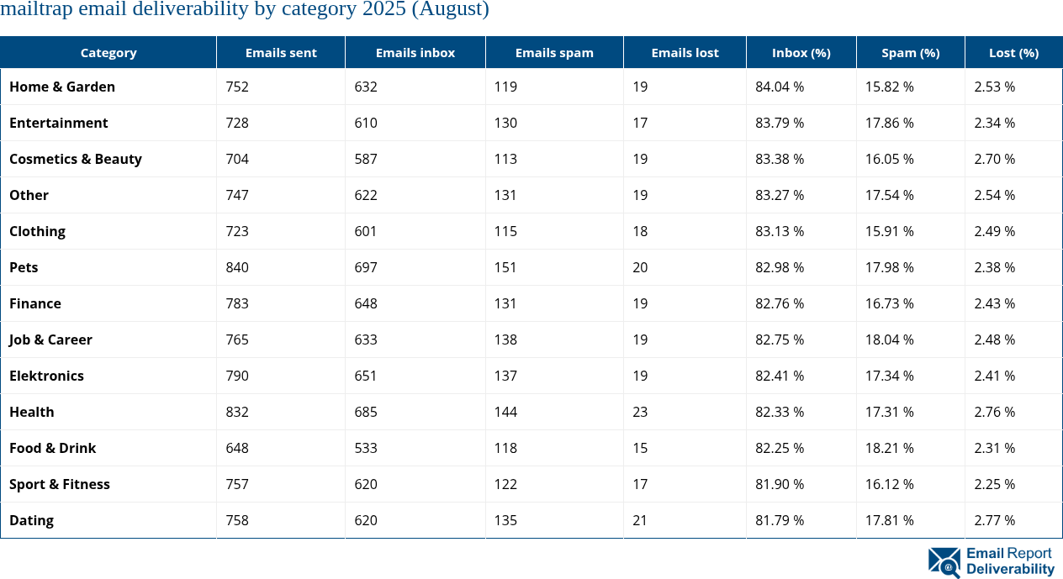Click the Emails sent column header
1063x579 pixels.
click(281, 52)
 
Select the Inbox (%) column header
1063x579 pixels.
click(801, 52)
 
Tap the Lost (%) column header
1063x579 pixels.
click(1013, 52)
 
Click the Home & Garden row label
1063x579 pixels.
click(62, 87)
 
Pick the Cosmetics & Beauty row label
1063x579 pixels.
click(76, 159)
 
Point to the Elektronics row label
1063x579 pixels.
click(46, 376)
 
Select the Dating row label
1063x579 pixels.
click(31, 520)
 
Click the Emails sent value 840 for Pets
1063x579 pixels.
click(237, 267)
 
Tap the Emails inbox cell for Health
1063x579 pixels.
click(366, 412)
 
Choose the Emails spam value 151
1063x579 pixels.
click(505, 267)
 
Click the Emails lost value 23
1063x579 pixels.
click(640, 412)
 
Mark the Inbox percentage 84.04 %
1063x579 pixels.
click(780, 87)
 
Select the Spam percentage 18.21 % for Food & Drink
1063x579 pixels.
click(890, 448)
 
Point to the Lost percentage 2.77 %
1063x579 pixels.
click(994, 520)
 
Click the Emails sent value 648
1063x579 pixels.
click(237, 448)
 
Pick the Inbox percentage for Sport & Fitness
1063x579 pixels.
click(780, 484)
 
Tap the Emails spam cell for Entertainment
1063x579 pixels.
click(505, 123)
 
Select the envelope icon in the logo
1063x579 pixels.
click(944, 562)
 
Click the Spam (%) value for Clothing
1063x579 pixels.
click(890, 231)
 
